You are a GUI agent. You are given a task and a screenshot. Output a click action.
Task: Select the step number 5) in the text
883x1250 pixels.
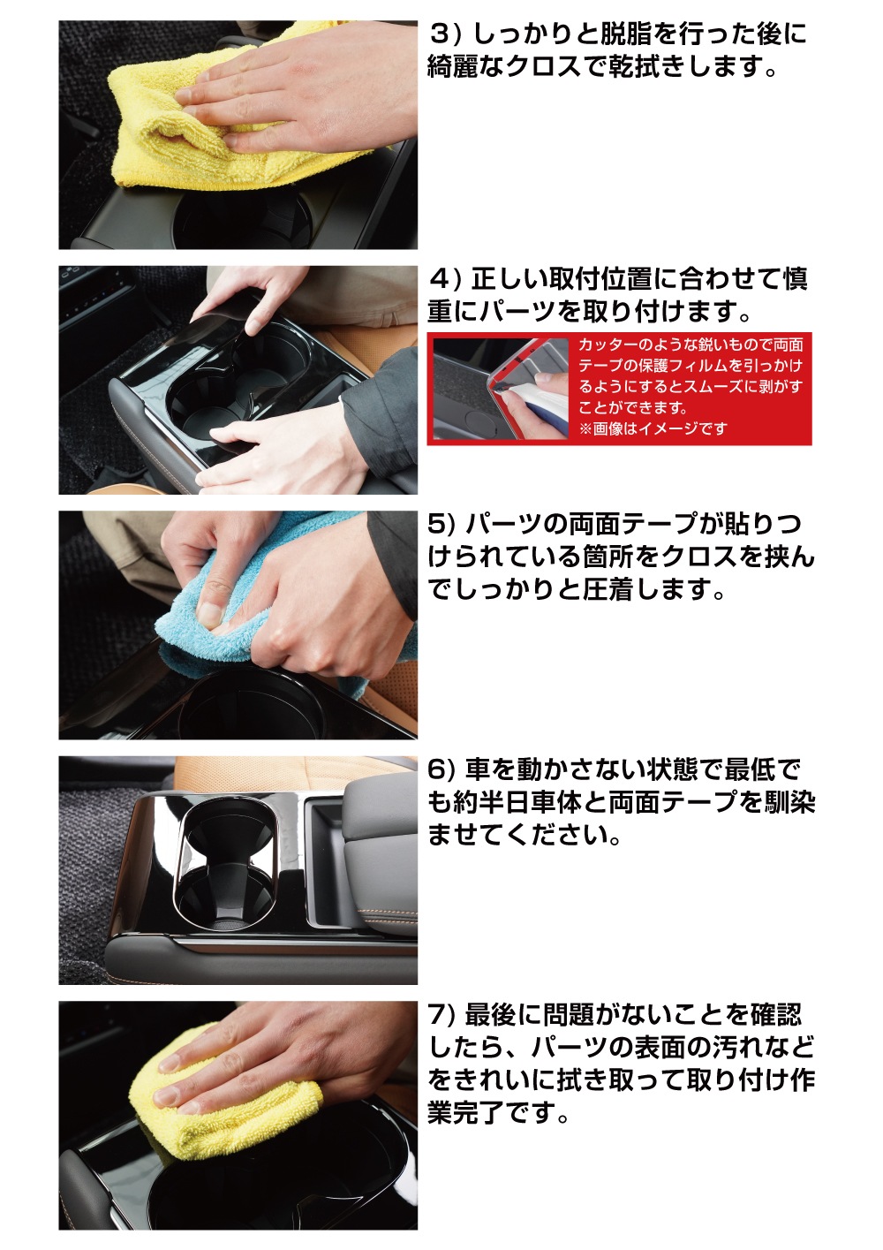[441, 524]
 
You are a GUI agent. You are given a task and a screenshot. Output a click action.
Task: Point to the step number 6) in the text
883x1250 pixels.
[441, 769]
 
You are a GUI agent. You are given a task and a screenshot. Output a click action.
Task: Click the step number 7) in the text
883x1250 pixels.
[441, 1015]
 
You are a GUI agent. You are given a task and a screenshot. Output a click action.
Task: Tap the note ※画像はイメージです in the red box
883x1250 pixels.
[653, 428]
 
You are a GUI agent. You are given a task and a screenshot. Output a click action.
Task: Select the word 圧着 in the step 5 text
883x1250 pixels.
[608, 589]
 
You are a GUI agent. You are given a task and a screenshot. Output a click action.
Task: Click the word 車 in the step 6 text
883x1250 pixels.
[477, 769]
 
